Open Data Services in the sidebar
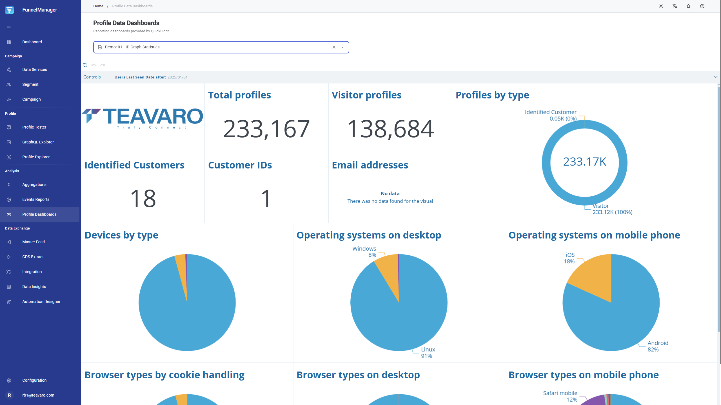tap(35, 69)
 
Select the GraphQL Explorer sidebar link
tap(38, 142)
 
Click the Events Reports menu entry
tap(36, 199)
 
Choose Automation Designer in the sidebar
tap(41, 301)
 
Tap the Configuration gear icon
tap(9, 380)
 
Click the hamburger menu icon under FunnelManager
tap(9, 26)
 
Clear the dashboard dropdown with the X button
tap(334, 47)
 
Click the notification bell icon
tap(688, 6)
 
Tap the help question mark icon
tap(702, 6)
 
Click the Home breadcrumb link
tap(98, 6)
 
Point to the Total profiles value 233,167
tap(266, 129)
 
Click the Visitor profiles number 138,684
tap(390, 129)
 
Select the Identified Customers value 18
tap(143, 198)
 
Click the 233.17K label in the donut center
tap(585, 162)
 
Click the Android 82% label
tap(658, 346)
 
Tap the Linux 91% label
tap(428, 353)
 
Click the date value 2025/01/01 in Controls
tap(177, 77)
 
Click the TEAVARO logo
tap(143, 118)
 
